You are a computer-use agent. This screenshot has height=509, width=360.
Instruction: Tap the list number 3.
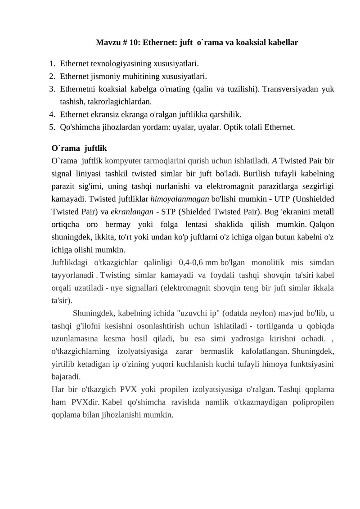pos(52,89)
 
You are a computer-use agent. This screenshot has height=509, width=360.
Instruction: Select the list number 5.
pos(52,127)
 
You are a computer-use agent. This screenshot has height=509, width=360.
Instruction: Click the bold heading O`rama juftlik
pos(79,148)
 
